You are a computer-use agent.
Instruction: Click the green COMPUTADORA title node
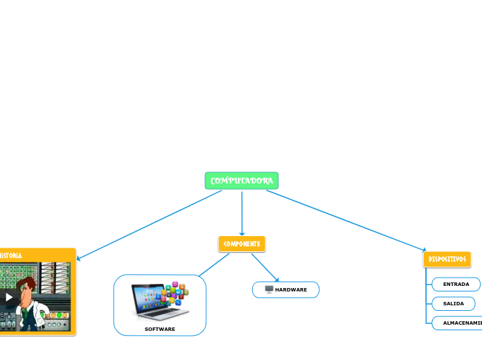(242, 181)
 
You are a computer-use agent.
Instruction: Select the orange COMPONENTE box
(242, 244)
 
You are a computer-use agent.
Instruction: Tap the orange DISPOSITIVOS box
(447, 259)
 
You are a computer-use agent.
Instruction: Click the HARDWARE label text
(291, 289)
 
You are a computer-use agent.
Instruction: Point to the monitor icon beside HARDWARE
(269, 289)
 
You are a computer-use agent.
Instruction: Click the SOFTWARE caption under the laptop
(160, 329)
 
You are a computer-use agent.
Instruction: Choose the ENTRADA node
(456, 284)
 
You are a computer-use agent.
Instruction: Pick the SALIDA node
(453, 303)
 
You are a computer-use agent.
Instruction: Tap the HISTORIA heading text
(10, 255)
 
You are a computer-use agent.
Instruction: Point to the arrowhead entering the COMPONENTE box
(242, 233)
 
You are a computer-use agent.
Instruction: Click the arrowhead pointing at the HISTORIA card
(79, 259)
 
